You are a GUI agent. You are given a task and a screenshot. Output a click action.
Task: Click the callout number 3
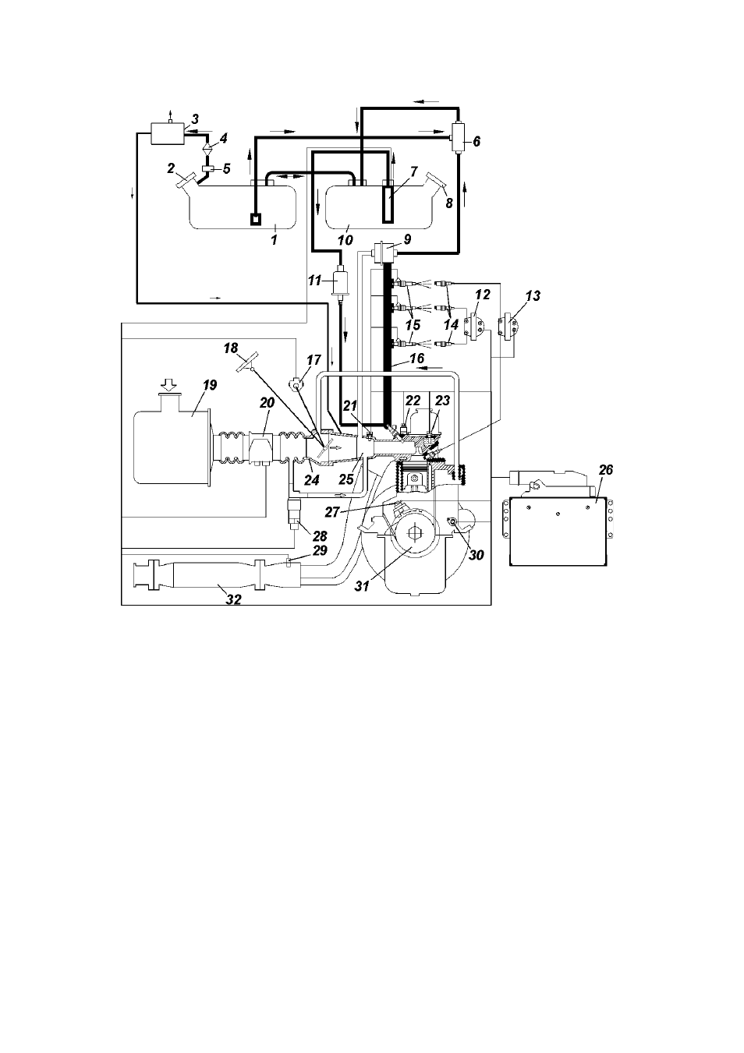[x=194, y=119]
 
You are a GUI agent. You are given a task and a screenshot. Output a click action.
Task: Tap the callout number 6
[x=477, y=142]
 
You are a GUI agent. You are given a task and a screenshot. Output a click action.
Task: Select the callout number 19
[x=210, y=385]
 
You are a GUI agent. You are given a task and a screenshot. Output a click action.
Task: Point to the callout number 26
[x=606, y=470]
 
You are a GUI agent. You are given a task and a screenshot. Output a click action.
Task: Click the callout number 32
[x=234, y=599]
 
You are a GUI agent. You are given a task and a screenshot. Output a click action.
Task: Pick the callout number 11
[x=314, y=281]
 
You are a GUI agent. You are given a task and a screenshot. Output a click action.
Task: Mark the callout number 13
[x=533, y=295]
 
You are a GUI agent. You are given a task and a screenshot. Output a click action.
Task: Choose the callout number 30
[x=476, y=555]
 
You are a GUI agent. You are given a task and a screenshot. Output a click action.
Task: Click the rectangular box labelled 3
[x=166, y=133]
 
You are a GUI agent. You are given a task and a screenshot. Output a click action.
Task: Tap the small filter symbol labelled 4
[x=207, y=147]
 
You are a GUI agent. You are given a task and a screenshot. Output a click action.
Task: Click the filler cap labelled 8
[x=435, y=180]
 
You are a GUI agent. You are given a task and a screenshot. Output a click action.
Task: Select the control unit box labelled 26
[x=558, y=531]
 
